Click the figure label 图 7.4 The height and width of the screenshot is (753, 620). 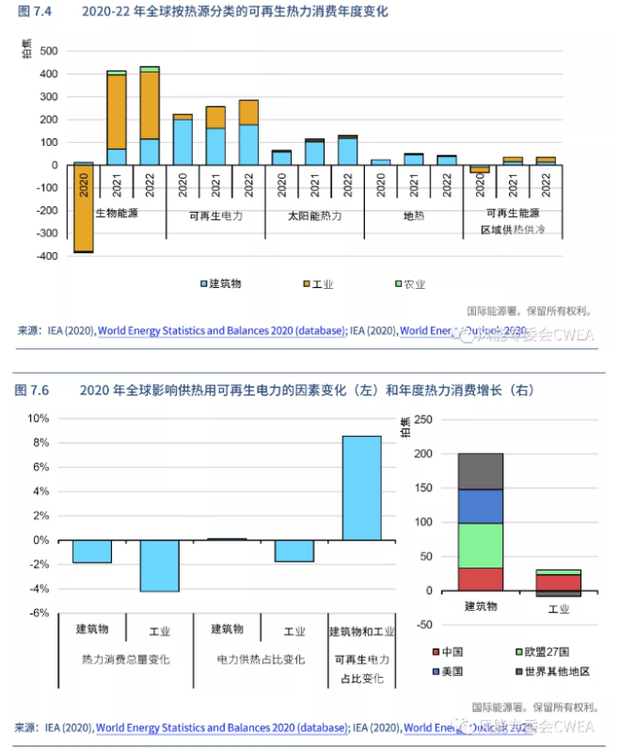coord(33,12)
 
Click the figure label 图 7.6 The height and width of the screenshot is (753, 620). coord(33,390)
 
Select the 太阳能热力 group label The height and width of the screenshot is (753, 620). coord(315,216)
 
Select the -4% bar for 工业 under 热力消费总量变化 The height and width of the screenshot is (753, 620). coord(159,565)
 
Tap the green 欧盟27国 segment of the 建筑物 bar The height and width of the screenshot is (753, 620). coord(480,545)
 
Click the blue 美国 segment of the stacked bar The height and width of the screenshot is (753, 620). coord(480,505)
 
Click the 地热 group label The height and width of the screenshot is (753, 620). coord(414,216)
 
